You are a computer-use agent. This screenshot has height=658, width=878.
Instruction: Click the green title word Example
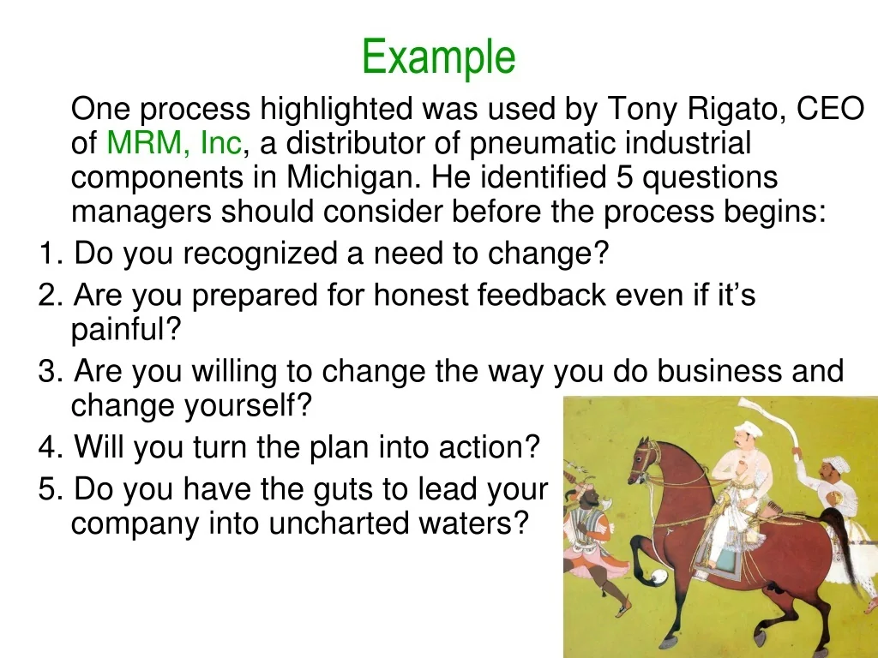pyautogui.click(x=438, y=57)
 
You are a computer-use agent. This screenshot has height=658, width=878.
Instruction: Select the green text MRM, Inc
pyautogui.click(x=174, y=143)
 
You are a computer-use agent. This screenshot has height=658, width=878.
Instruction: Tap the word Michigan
pyautogui.click(x=353, y=177)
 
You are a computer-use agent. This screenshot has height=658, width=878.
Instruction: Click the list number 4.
pyautogui.click(x=50, y=446)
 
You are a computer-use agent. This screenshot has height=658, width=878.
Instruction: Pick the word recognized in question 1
pyautogui.click(x=260, y=254)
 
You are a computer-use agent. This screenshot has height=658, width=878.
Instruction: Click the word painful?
pyautogui.click(x=126, y=330)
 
